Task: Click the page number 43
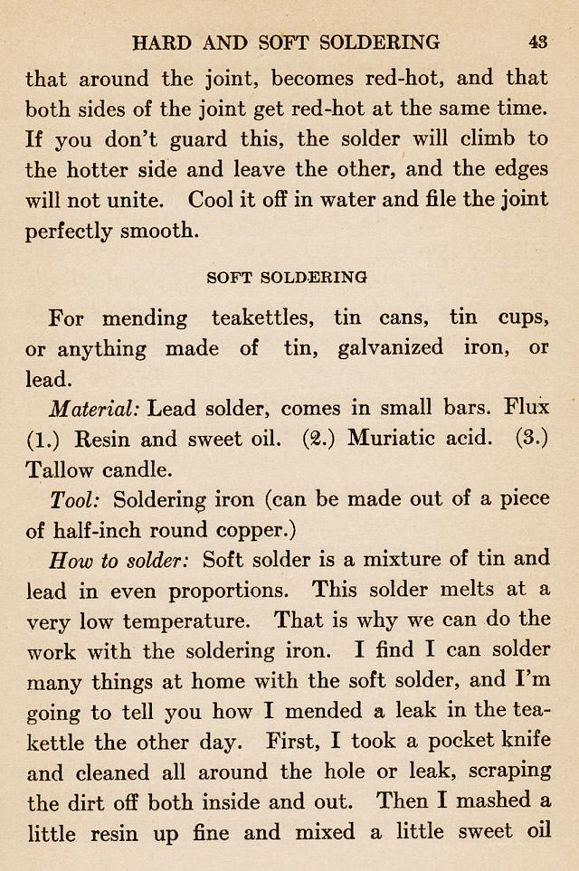click(x=537, y=42)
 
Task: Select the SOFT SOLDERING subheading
click(x=286, y=277)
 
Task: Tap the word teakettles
click(x=261, y=318)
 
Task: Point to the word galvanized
click(x=390, y=348)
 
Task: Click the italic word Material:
click(x=94, y=408)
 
